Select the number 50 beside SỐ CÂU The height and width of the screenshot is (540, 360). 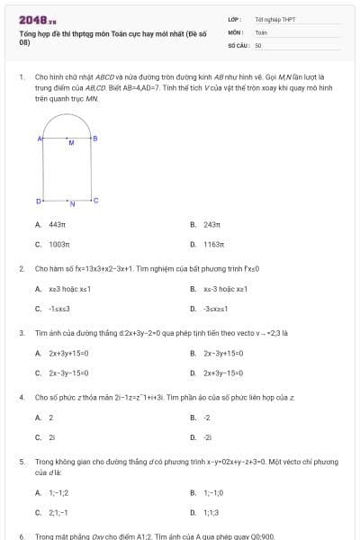(258, 43)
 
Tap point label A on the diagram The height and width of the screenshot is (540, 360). (40, 138)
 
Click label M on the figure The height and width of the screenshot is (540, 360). (70, 142)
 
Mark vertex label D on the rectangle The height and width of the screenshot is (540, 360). (39, 200)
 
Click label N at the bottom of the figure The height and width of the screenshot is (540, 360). (72, 205)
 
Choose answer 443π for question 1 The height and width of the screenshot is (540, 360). (57, 225)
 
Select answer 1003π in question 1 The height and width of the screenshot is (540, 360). (58, 244)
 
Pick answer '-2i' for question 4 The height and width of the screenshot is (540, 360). (208, 436)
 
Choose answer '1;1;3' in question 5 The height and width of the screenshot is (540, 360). (211, 512)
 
